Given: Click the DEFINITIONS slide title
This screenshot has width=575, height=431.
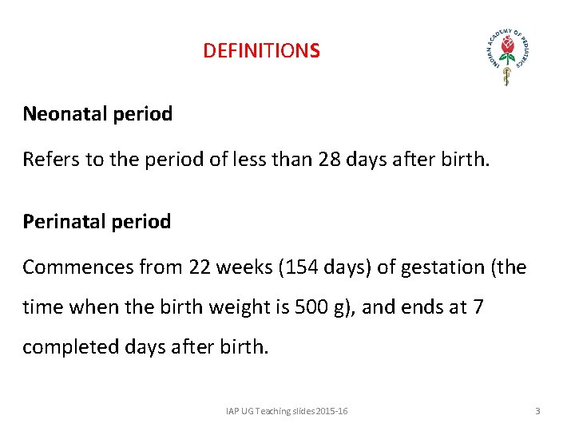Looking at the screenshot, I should click(x=261, y=51).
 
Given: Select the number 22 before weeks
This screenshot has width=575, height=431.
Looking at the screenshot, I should click(x=200, y=267).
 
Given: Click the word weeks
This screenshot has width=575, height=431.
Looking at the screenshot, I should click(x=244, y=267).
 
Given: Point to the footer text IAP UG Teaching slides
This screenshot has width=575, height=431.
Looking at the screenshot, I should click(x=286, y=411).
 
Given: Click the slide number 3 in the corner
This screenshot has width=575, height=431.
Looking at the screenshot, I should click(x=537, y=411).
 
